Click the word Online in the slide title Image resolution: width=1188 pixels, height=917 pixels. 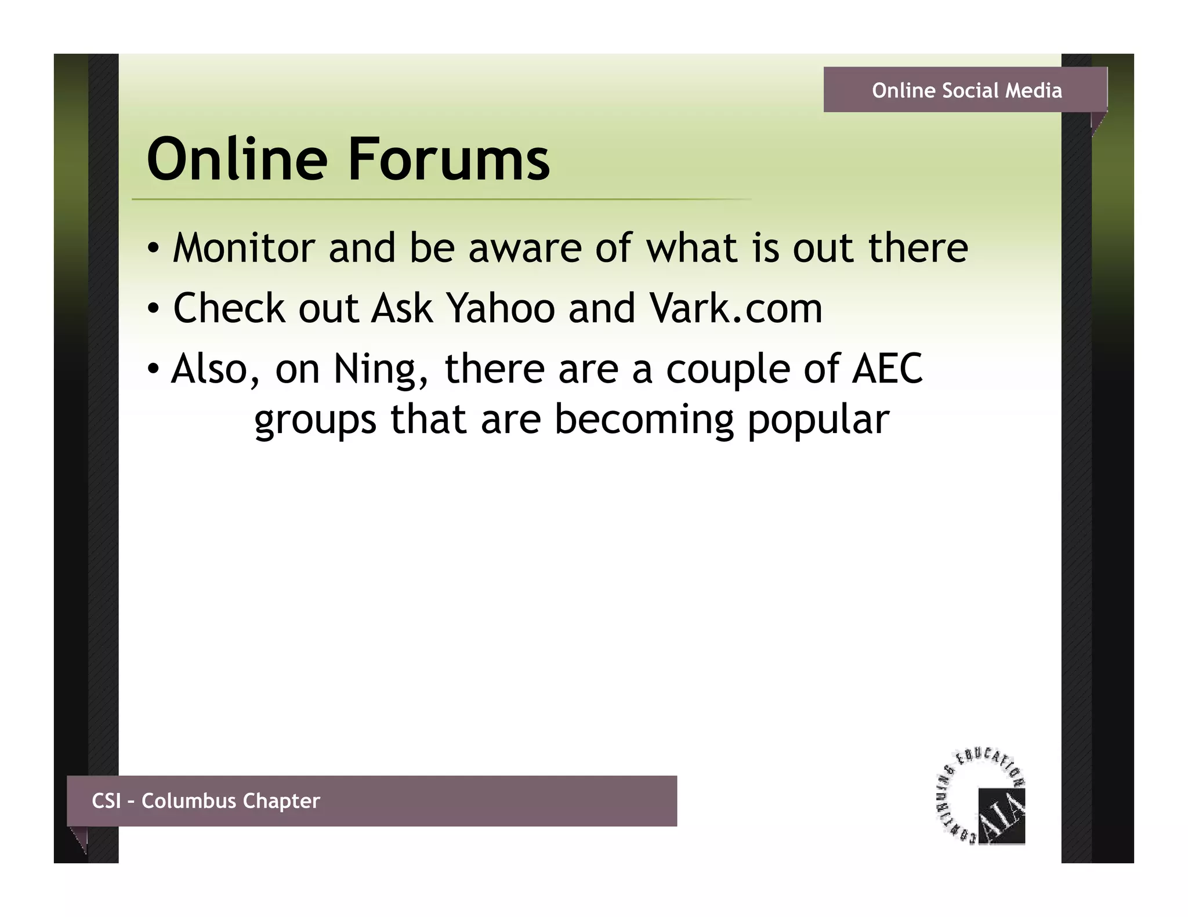[237, 159]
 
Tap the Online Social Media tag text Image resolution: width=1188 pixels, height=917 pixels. [966, 90]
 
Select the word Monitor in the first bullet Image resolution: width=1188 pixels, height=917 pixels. [244, 248]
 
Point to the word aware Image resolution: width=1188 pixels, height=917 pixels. [524, 248]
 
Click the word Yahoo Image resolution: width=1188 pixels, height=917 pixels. [501, 308]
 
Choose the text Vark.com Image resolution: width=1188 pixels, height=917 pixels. [736, 308]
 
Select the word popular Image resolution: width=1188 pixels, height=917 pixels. [818, 420]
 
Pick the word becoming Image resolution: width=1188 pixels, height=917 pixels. [644, 420]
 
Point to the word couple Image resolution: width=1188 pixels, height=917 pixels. [728, 369]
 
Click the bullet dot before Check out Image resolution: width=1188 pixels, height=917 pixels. [152, 309]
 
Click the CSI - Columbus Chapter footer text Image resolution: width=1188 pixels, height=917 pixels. [206, 800]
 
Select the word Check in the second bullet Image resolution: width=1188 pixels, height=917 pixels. [229, 308]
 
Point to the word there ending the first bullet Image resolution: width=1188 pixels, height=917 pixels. [918, 248]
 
